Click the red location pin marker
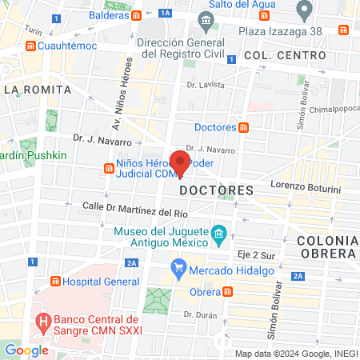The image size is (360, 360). point(180,163)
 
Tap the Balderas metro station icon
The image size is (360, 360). point(137,15)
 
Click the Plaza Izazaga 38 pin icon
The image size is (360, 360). point(304,10)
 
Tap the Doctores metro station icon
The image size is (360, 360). point(244,127)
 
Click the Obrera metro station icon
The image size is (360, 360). point(228,291)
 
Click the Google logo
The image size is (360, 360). point(26,350)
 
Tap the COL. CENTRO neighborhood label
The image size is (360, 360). point(286,55)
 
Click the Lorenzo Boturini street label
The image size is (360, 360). point(305,186)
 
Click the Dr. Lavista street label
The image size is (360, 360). point(202,83)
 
